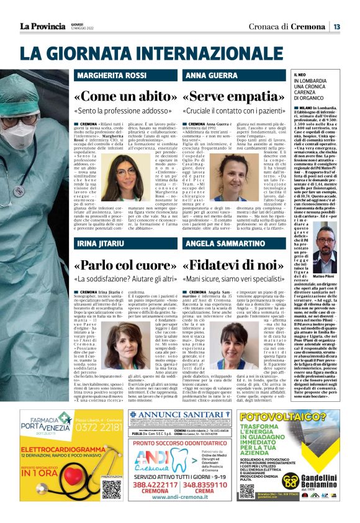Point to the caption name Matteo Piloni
(x=323, y=276)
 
